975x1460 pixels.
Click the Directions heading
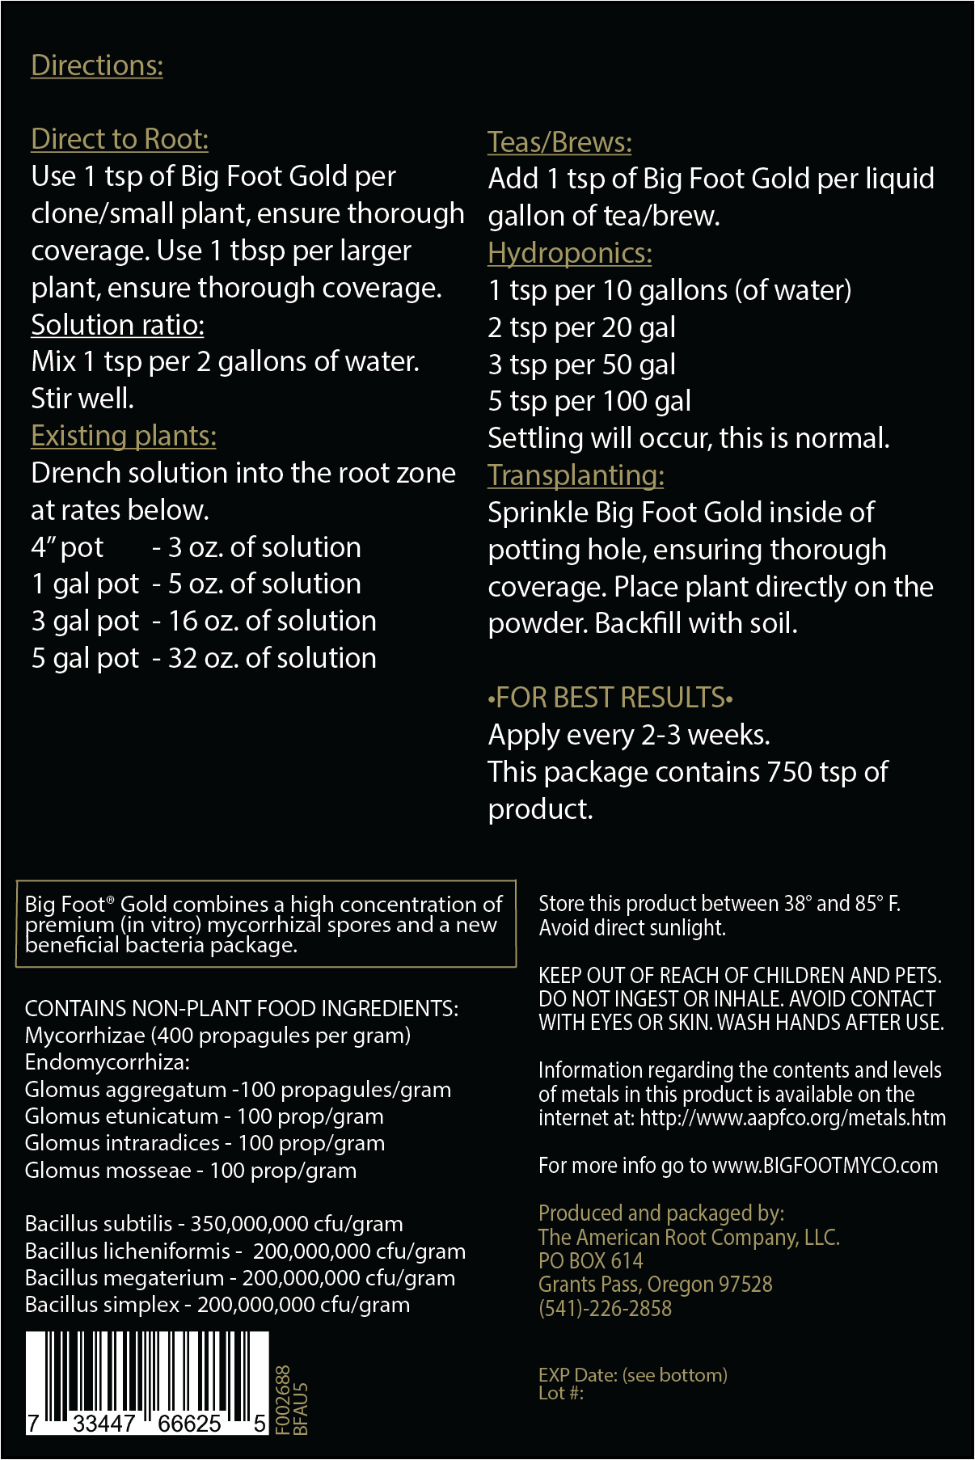pyautogui.click(x=97, y=66)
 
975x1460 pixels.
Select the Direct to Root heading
pyautogui.click(x=120, y=139)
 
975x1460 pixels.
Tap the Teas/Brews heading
pyautogui.click(x=559, y=142)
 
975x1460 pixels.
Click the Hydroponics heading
pyautogui.click(x=569, y=254)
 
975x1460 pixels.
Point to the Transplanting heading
pyautogui.click(x=576, y=475)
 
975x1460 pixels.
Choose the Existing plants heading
pyautogui.click(x=124, y=437)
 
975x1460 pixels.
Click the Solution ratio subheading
pyautogui.click(x=117, y=325)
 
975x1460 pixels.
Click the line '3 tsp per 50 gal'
pyautogui.click(x=582, y=365)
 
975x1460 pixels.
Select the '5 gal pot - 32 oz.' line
pyautogui.click(x=204, y=659)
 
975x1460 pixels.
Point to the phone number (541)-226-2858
pyautogui.click(x=605, y=1308)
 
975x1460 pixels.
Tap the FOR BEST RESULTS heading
pyautogui.click(x=610, y=698)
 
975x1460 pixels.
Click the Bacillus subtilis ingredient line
pyautogui.click(x=214, y=1224)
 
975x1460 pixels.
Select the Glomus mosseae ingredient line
pyautogui.click(x=191, y=1171)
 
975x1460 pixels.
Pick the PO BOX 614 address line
pyautogui.click(x=591, y=1261)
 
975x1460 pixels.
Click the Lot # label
pyautogui.click(x=561, y=1393)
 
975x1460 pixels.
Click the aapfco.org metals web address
pyautogui.click(x=792, y=1118)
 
